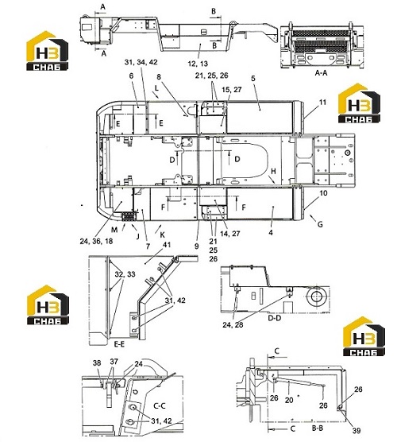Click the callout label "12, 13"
point(198,64)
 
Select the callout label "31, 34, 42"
point(141,62)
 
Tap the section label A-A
point(321,73)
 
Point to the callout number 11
point(322,102)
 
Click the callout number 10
point(323,193)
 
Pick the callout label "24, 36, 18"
point(96,242)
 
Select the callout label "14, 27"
point(230,234)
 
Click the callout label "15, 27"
point(231,90)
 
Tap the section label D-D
point(274,318)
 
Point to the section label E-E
point(119,344)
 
